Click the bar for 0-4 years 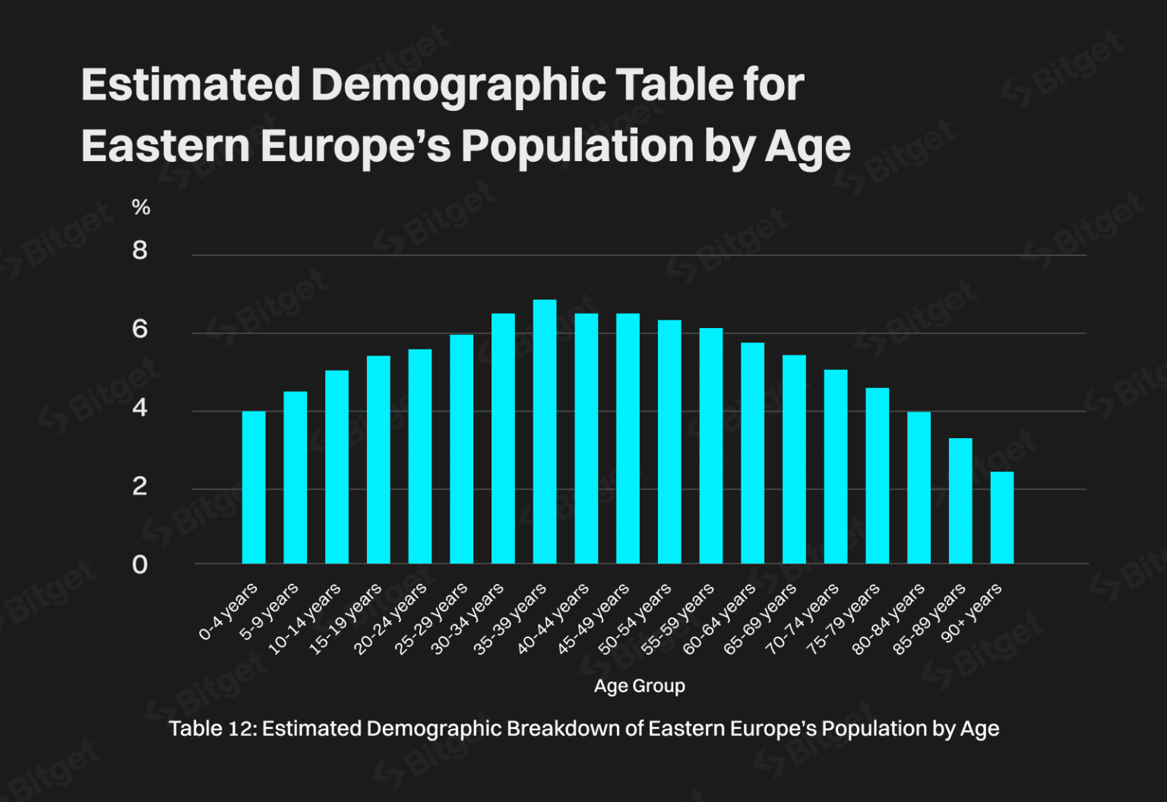point(254,487)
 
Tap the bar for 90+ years point(1002,517)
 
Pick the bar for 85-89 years point(960,500)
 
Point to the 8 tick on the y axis point(140,251)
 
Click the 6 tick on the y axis point(140,330)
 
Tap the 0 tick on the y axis point(140,565)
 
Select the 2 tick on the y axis point(140,486)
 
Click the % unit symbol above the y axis point(141,207)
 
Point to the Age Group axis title point(639,686)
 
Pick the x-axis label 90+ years point(972,612)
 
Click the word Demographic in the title point(458,84)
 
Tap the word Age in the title point(808,145)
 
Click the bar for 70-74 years point(836,466)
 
